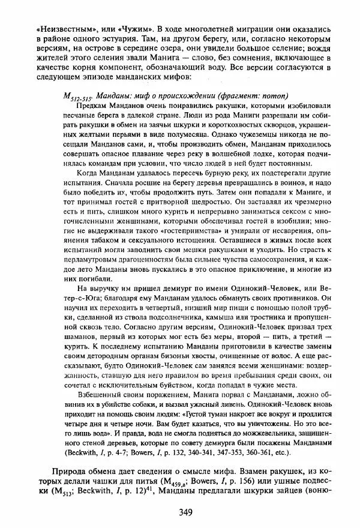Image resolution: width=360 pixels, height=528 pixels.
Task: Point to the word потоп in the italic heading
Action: pyautogui.click(x=277, y=96)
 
